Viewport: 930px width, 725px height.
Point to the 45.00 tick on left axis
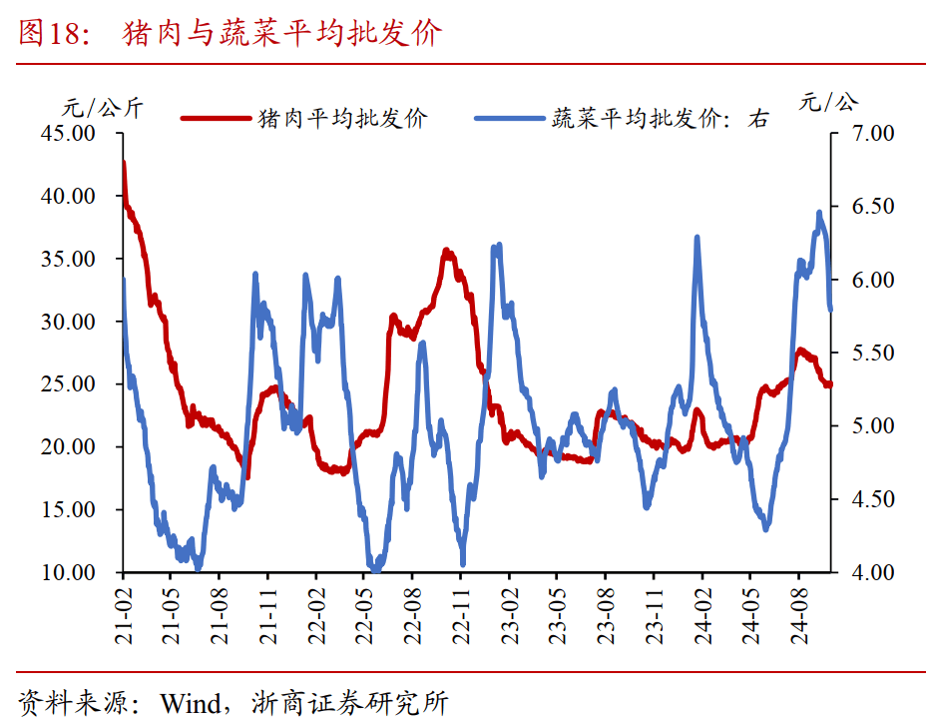[x=68, y=133]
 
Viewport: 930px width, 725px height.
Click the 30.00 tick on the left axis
[x=68, y=322]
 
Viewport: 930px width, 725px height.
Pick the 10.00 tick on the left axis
[x=68, y=572]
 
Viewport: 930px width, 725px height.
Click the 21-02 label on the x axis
[x=124, y=614]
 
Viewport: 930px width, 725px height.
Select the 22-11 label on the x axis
[x=462, y=614]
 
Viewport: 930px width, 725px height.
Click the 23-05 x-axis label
[x=559, y=614]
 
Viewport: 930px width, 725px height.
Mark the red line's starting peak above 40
[x=124, y=163]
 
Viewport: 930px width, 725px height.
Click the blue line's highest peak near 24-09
[x=819, y=213]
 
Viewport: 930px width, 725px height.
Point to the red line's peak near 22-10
[x=447, y=251]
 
